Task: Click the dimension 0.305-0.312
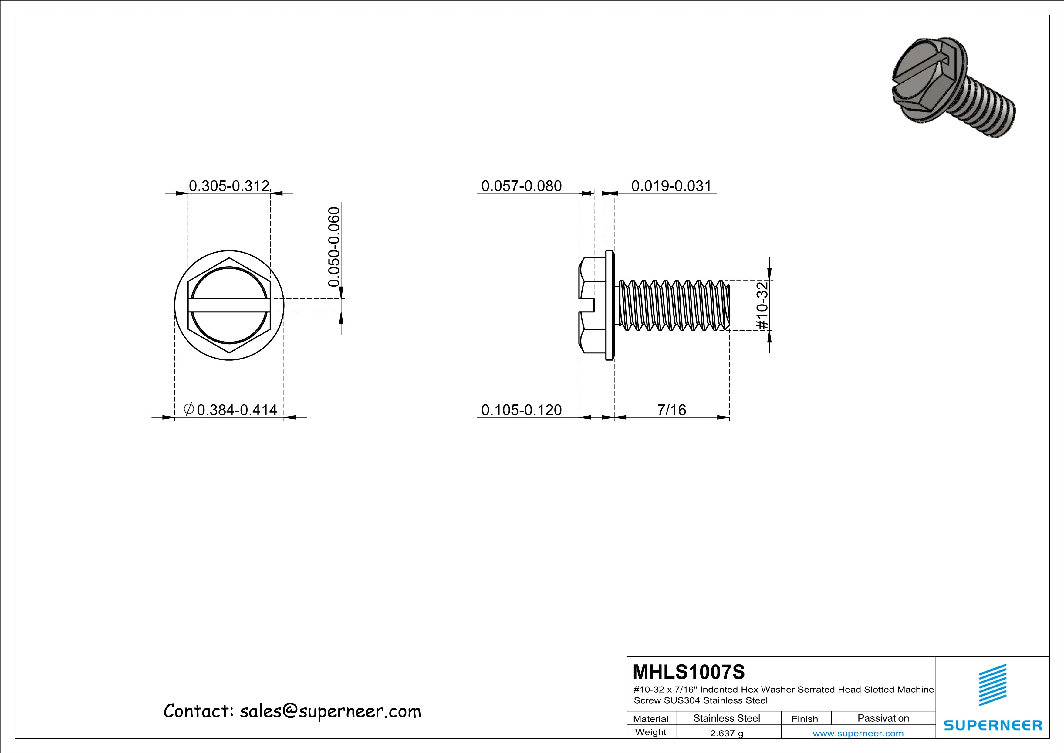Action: [x=229, y=186]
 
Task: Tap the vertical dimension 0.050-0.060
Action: [x=334, y=246]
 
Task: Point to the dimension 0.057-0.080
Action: [x=521, y=186]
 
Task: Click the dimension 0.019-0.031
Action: [x=671, y=186]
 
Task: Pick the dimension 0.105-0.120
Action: [x=521, y=410]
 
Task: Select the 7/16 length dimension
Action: [x=671, y=410]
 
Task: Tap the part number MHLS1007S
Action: [x=689, y=671]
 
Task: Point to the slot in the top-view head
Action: [x=229, y=305]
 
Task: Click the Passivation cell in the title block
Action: [x=883, y=718]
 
